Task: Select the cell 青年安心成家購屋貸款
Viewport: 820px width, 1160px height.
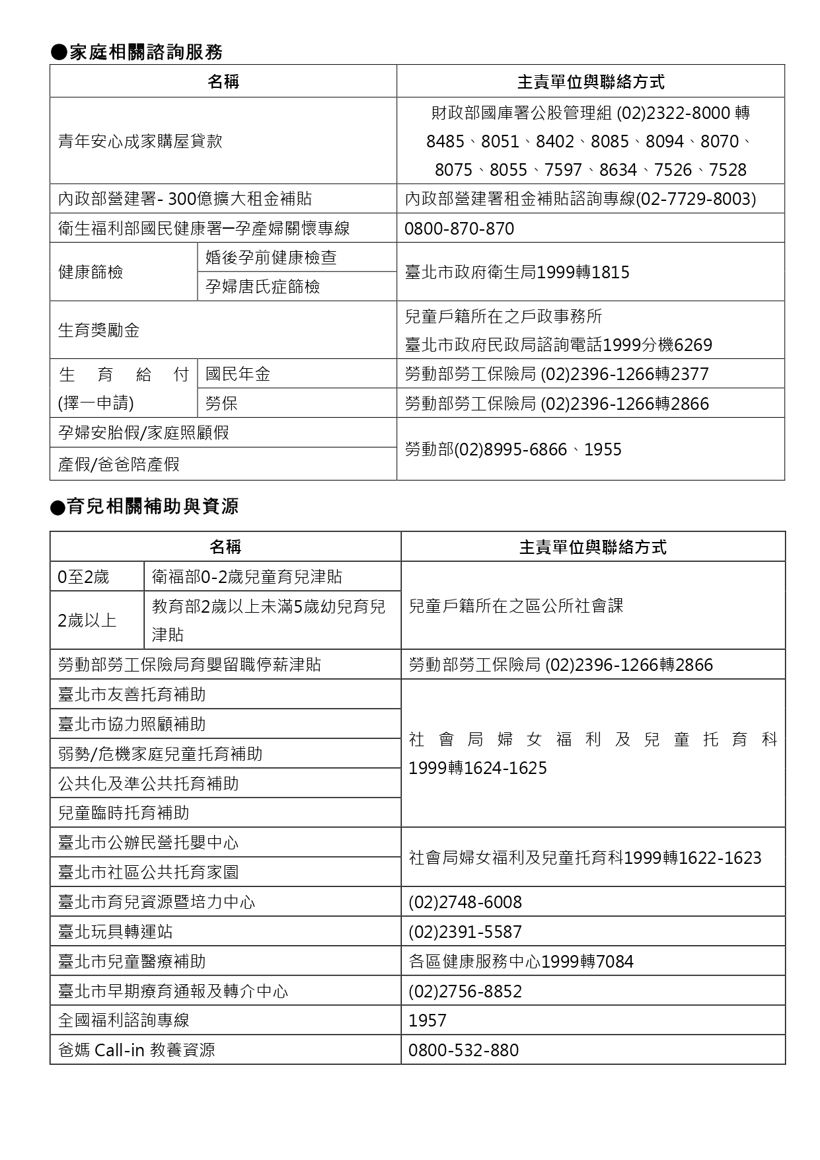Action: (x=140, y=141)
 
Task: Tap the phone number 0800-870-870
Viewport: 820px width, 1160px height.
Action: (x=459, y=229)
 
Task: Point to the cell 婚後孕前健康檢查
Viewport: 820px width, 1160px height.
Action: (x=271, y=257)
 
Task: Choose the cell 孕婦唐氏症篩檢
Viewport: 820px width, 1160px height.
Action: (x=262, y=286)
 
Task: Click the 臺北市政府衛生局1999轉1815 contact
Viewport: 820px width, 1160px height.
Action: (x=517, y=272)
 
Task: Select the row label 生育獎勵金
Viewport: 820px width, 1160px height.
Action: (x=99, y=330)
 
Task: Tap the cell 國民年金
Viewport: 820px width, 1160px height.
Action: (x=238, y=374)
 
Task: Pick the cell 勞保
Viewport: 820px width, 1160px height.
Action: (x=221, y=404)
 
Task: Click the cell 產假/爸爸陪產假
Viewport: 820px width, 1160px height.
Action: (x=119, y=465)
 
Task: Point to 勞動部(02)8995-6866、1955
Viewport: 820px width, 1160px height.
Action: (x=513, y=450)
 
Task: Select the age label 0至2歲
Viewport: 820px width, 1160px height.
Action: (x=83, y=577)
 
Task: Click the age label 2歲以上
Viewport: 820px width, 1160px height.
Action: (x=87, y=621)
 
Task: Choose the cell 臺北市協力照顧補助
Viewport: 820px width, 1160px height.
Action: (x=132, y=724)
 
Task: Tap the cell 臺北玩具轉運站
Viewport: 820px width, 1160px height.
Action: (x=116, y=932)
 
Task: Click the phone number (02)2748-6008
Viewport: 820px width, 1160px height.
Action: (x=465, y=902)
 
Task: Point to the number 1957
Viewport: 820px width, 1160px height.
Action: (x=428, y=1021)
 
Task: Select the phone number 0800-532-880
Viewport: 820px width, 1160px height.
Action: (x=463, y=1050)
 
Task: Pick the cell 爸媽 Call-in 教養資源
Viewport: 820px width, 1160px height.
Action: (x=137, y=1050)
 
